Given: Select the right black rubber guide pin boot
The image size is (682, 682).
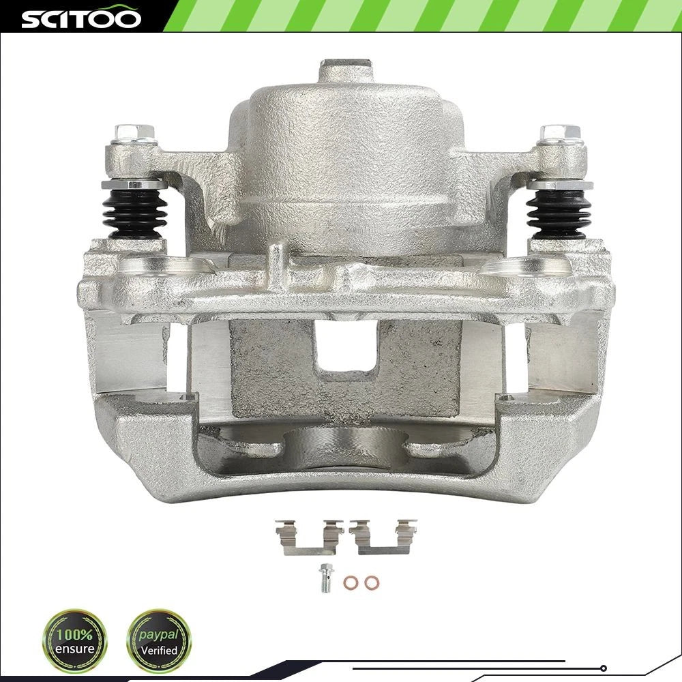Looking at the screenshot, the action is tap(559, 213).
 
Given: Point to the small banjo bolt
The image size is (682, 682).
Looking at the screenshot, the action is tap(325, 578).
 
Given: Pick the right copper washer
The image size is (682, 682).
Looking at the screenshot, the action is tap(372, 582).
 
